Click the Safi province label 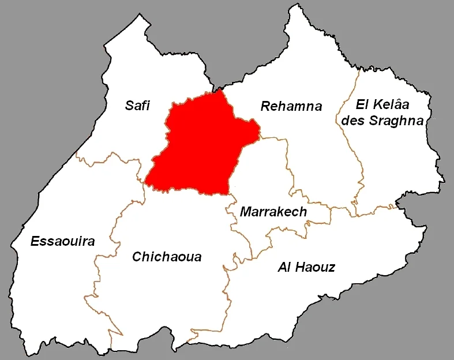pyautogui.click(x=137, y=105)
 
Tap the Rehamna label pyautogui.click(x=291, y=106)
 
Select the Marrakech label pyautogui.click(x=273, y=212)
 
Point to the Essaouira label pyautogui.click(x=62, y=241)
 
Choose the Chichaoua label pyautogui.click(x=167, y=257)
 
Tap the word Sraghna pyautogui.click(x=397, y=120)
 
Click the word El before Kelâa pyautogui.click(x=362, y=105)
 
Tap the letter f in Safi pyautogui.click(x=143, y=105)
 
